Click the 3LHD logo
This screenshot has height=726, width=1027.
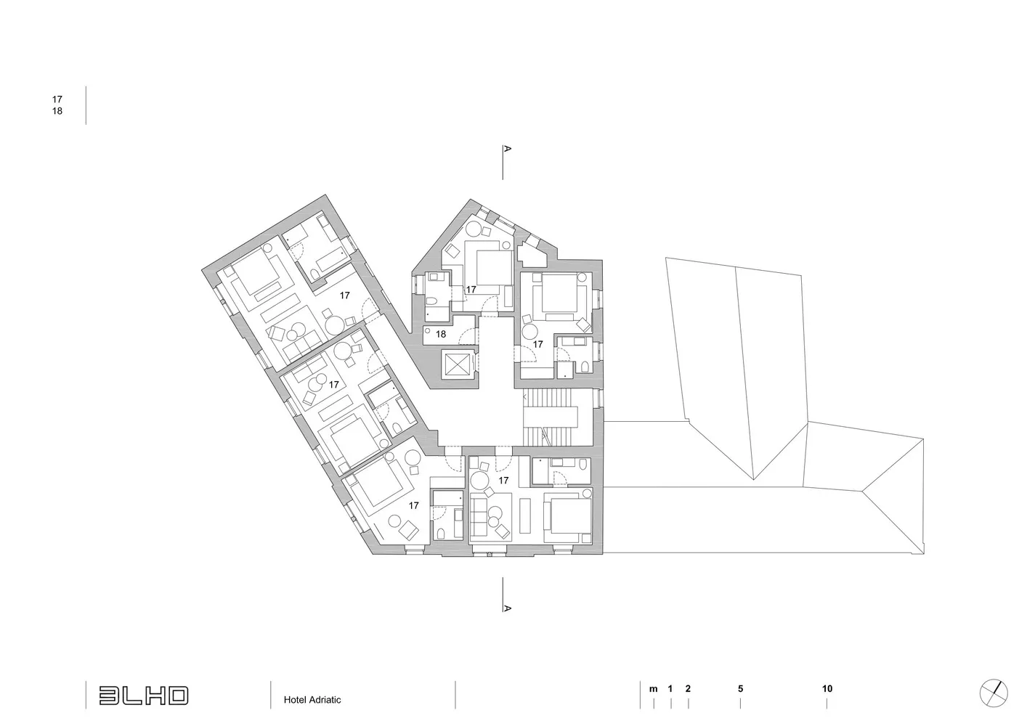tap(144, 696)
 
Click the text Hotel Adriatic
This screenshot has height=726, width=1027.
tap(312, 700)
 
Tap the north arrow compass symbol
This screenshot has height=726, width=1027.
tap(994, 693)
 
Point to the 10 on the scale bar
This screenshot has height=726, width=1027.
tap(827, 688)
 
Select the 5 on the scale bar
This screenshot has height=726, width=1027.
tap(740, 688)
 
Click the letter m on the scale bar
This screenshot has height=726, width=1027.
tap(654, 689)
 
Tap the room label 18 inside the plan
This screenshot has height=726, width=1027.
tap(441, 334)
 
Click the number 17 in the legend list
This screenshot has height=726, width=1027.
tap(57, 99)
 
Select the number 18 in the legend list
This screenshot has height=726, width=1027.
tap(57, 111)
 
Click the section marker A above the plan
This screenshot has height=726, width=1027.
tap(507, 149)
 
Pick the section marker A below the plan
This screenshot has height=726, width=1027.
tap(507, 608)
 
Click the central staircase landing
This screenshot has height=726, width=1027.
tap(551, 416)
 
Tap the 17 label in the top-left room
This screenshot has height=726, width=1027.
tap(345, 295)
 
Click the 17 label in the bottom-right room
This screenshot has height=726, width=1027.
tap(503, 481)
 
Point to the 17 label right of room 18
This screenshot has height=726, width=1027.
tap(537, 343)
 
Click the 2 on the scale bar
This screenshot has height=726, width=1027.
tap(688, 688)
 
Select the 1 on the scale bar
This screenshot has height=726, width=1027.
tap(670, 688)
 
